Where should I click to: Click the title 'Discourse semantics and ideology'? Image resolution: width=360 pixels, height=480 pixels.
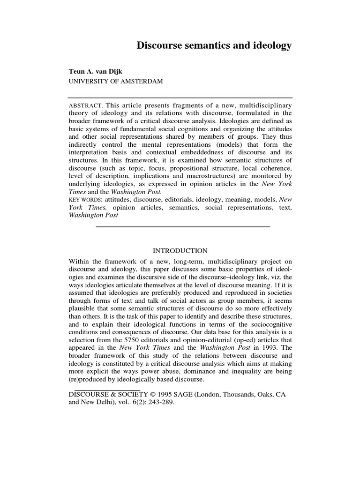click(x=214, y=45)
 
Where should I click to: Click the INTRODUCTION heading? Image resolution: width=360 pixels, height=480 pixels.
click(x=180, y=251)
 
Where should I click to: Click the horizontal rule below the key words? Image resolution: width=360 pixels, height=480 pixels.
click(x=183, y=227)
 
